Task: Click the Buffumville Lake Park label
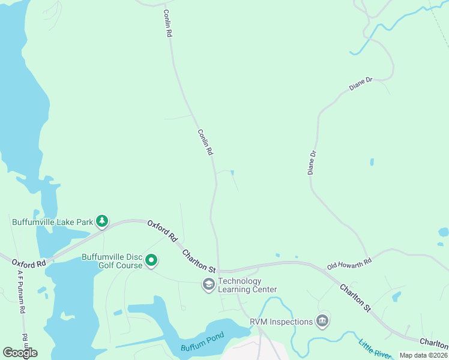pyautogui.click(x=52, y=222)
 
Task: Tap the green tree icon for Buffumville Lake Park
pyautogui.click(x=103, y=221)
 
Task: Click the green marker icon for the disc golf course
pyautogui.click(x=151, y=261)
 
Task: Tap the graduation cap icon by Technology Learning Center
pyautogui.click(x=208, y=284)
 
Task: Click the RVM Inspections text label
pyautogui.click(x=282, y=322)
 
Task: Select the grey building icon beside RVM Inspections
pyautogui.click(x=323, y=321)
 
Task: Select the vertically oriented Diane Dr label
pyautogui.click(x=311, y=163)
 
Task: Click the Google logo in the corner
pyautogui.click(x=20, y=353)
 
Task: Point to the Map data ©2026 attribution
pyautogui.click(x=423, y=355)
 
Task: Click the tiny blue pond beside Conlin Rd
pyautogui.click(x=232, y=173)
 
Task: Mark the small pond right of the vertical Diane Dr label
pyautogui.click(x=372, y=162)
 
